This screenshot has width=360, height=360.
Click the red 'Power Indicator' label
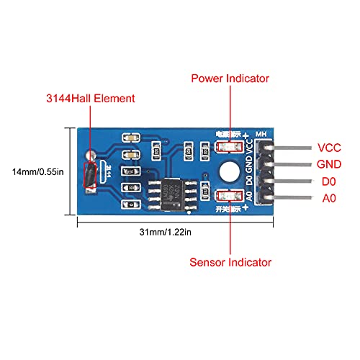[229, 78]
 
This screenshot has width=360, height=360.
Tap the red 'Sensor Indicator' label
[230, 261]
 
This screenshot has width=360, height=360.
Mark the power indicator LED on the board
[225, 148]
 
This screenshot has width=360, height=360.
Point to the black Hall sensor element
[89, 176]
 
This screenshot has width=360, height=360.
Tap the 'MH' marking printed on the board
[262, 132]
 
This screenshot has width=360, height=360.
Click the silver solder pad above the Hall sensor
[89, 154]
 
